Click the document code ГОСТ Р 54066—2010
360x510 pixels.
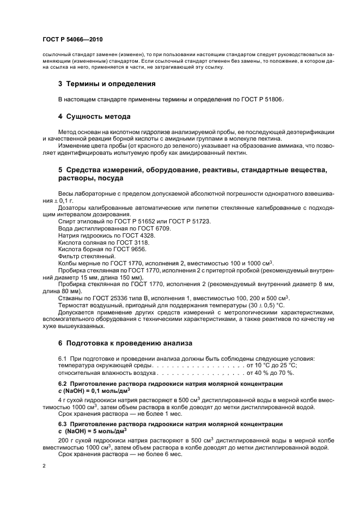[72, 40]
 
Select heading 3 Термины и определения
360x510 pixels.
[107, 84]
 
